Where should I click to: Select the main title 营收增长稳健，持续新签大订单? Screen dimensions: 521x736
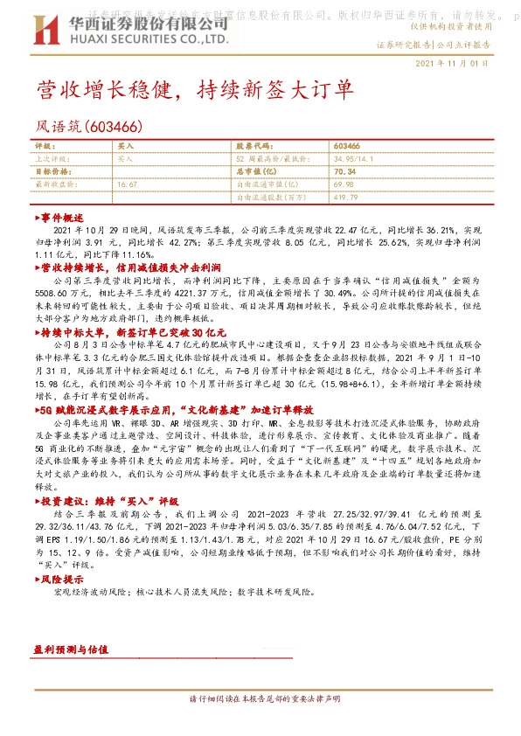pyautogui.click(x=195, y=91)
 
